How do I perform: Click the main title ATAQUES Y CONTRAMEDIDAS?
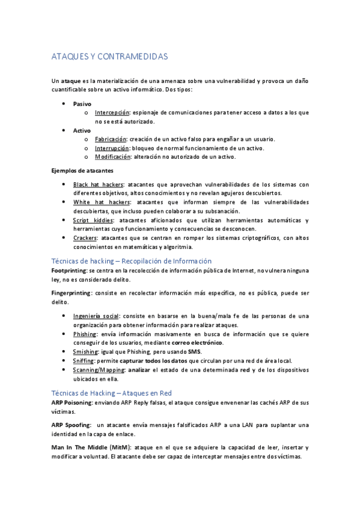click(x=109, y=57)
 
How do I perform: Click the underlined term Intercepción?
click(x=112, y=112)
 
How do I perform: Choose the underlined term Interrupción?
click(x=112, y=148)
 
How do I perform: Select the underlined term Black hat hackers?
click(x=98, y=185)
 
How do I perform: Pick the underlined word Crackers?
click(x=85, y=238)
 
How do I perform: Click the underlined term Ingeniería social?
click(x=96, y=316)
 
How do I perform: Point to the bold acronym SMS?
click(x=194, y=352)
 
